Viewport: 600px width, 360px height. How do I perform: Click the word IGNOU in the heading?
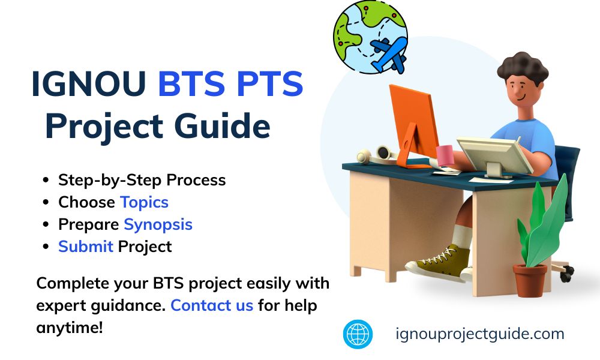coord(88,85)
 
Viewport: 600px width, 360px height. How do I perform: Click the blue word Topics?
coord(144,202)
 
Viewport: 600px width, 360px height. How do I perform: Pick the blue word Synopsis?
coord(158,224)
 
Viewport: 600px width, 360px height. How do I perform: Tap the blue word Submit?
coord(85,246)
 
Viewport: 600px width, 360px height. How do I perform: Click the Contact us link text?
coord(212,305)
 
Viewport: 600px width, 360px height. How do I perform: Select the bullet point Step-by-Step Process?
coord(142,180)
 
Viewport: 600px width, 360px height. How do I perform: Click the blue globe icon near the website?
coord(358,334)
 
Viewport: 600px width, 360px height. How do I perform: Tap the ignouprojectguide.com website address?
coord(480,334)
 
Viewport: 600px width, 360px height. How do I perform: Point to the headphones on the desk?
coord(375,155)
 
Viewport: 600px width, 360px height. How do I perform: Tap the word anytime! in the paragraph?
coord(70,328)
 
